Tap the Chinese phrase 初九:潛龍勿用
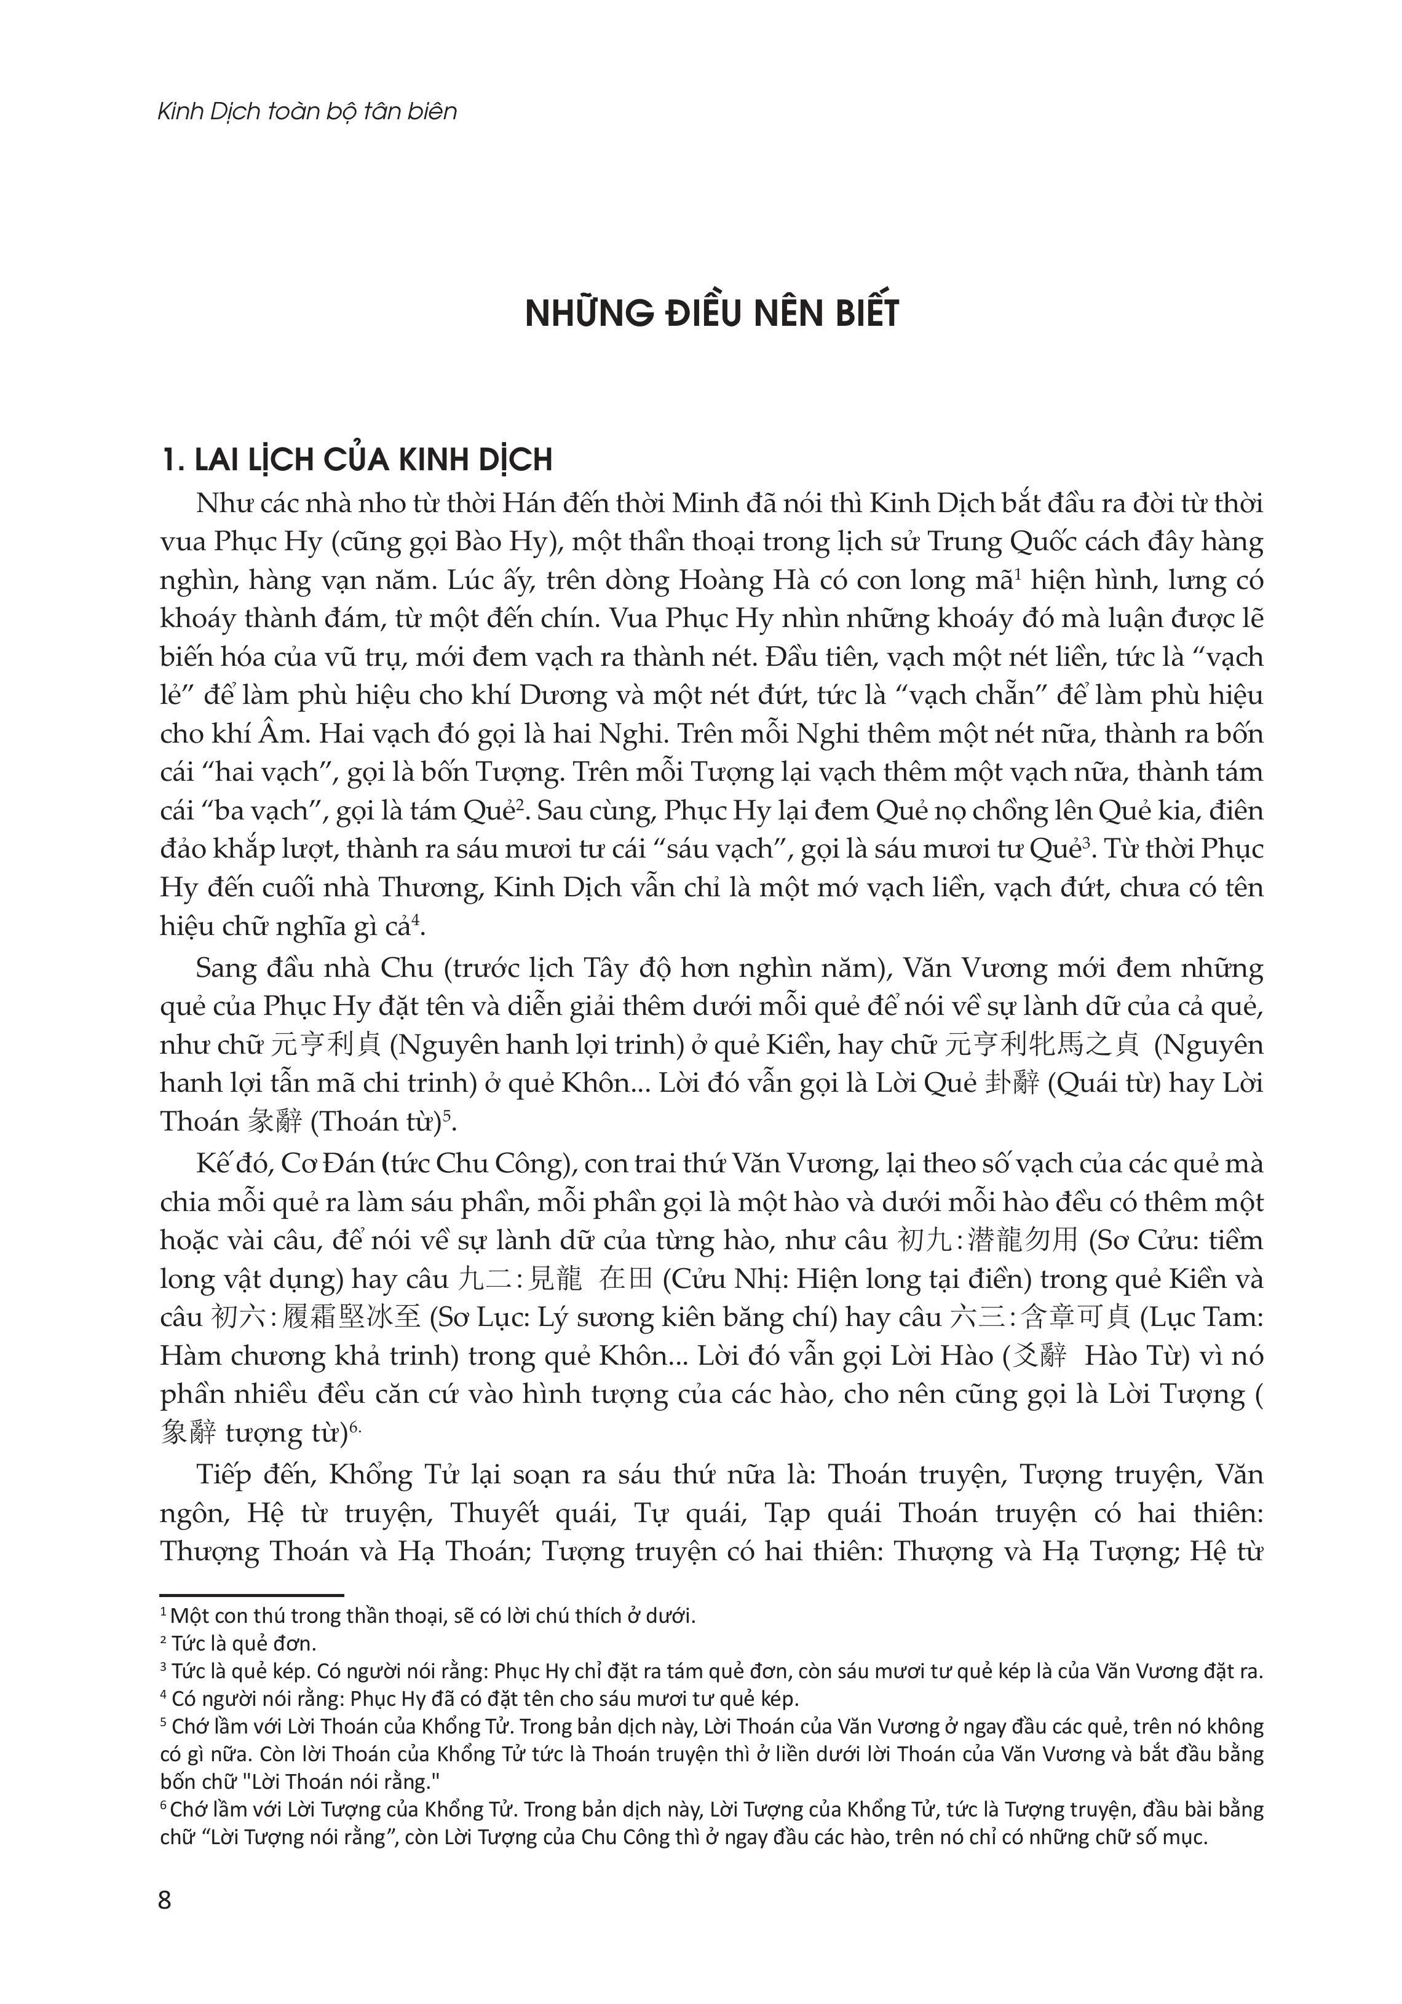click(990, 1241)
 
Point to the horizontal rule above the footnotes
click(251, 1595)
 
